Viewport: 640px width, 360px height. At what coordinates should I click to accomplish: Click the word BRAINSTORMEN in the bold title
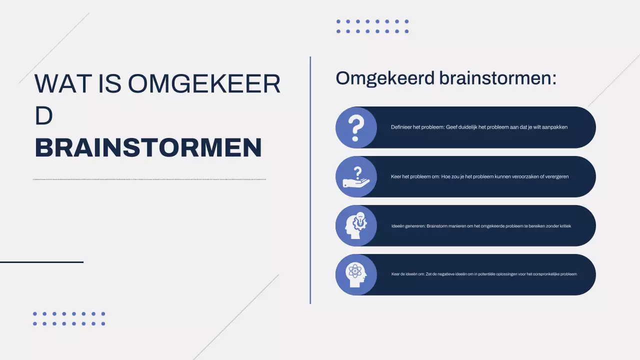tap(148, 148)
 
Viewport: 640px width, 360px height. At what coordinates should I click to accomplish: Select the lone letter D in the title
tap(43, 116)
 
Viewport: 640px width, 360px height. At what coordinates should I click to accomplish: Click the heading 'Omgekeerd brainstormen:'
tap(445, 78)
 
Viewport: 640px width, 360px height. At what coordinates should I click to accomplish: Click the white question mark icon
tap(355, 127)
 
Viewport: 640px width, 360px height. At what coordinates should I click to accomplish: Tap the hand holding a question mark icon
tap(355, 176)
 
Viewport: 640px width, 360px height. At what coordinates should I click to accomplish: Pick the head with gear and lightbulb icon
tap(355, 225)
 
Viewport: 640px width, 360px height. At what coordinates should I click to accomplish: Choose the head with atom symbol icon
tap(355, 274)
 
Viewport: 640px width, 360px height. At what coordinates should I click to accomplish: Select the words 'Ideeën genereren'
tap(407, 226)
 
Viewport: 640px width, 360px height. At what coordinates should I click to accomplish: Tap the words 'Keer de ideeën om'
tap(407, 274)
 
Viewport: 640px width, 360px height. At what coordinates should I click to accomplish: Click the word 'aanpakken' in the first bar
tap(555, 127)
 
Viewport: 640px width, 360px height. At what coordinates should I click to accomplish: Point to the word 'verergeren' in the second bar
tap(555, 176)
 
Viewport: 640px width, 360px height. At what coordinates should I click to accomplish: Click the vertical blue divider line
tap(310, 180)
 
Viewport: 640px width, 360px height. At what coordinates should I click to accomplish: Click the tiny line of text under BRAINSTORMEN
tap(149, 179)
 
